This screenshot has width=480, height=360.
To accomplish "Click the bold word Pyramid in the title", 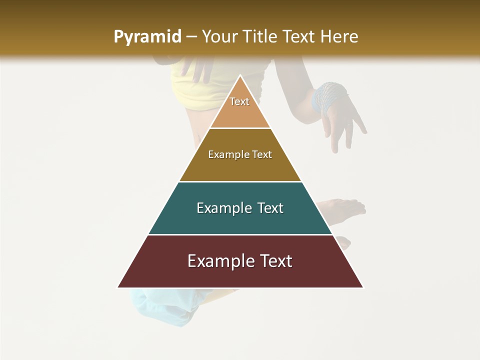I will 147,37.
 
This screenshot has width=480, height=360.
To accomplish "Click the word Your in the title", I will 219,37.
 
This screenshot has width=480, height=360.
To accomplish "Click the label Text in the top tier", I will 239,101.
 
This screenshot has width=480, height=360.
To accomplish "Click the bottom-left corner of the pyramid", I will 118,287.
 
